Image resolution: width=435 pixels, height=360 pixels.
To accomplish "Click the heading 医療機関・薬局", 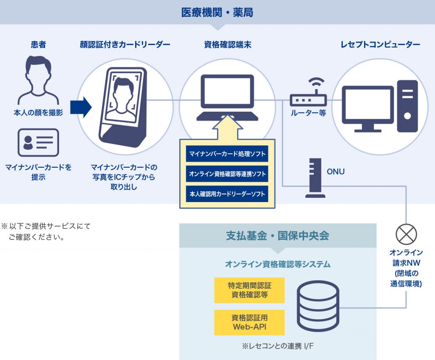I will (x=217, y=12).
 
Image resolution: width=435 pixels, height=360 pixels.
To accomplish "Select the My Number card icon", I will (x=38, y=143).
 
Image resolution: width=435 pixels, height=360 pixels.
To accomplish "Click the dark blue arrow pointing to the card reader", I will (x=81, y=107).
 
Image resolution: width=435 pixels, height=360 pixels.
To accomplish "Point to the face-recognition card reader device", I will (x=124, y=107).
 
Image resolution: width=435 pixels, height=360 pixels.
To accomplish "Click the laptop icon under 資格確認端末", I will (x=227, y=97).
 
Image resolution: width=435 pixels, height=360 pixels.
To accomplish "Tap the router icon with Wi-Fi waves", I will (x=308, y=93).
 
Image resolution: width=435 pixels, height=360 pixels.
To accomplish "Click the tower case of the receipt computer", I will (x=407, y=106).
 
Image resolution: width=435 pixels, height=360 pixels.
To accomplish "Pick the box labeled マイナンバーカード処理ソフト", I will (x=227, y=153).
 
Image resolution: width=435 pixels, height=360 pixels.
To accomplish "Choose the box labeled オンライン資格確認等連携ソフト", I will (x=227, y=174).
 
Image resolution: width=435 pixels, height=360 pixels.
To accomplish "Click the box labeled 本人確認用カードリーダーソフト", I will (x=227, y=194).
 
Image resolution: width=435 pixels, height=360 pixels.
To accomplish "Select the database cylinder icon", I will (x=318, y=306).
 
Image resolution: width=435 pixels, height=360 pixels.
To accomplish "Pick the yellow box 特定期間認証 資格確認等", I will (x=249, y=290).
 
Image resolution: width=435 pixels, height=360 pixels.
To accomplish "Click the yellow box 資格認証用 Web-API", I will (x=249, y=322).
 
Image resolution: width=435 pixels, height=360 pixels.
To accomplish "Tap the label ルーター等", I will (x=308, y=113).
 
